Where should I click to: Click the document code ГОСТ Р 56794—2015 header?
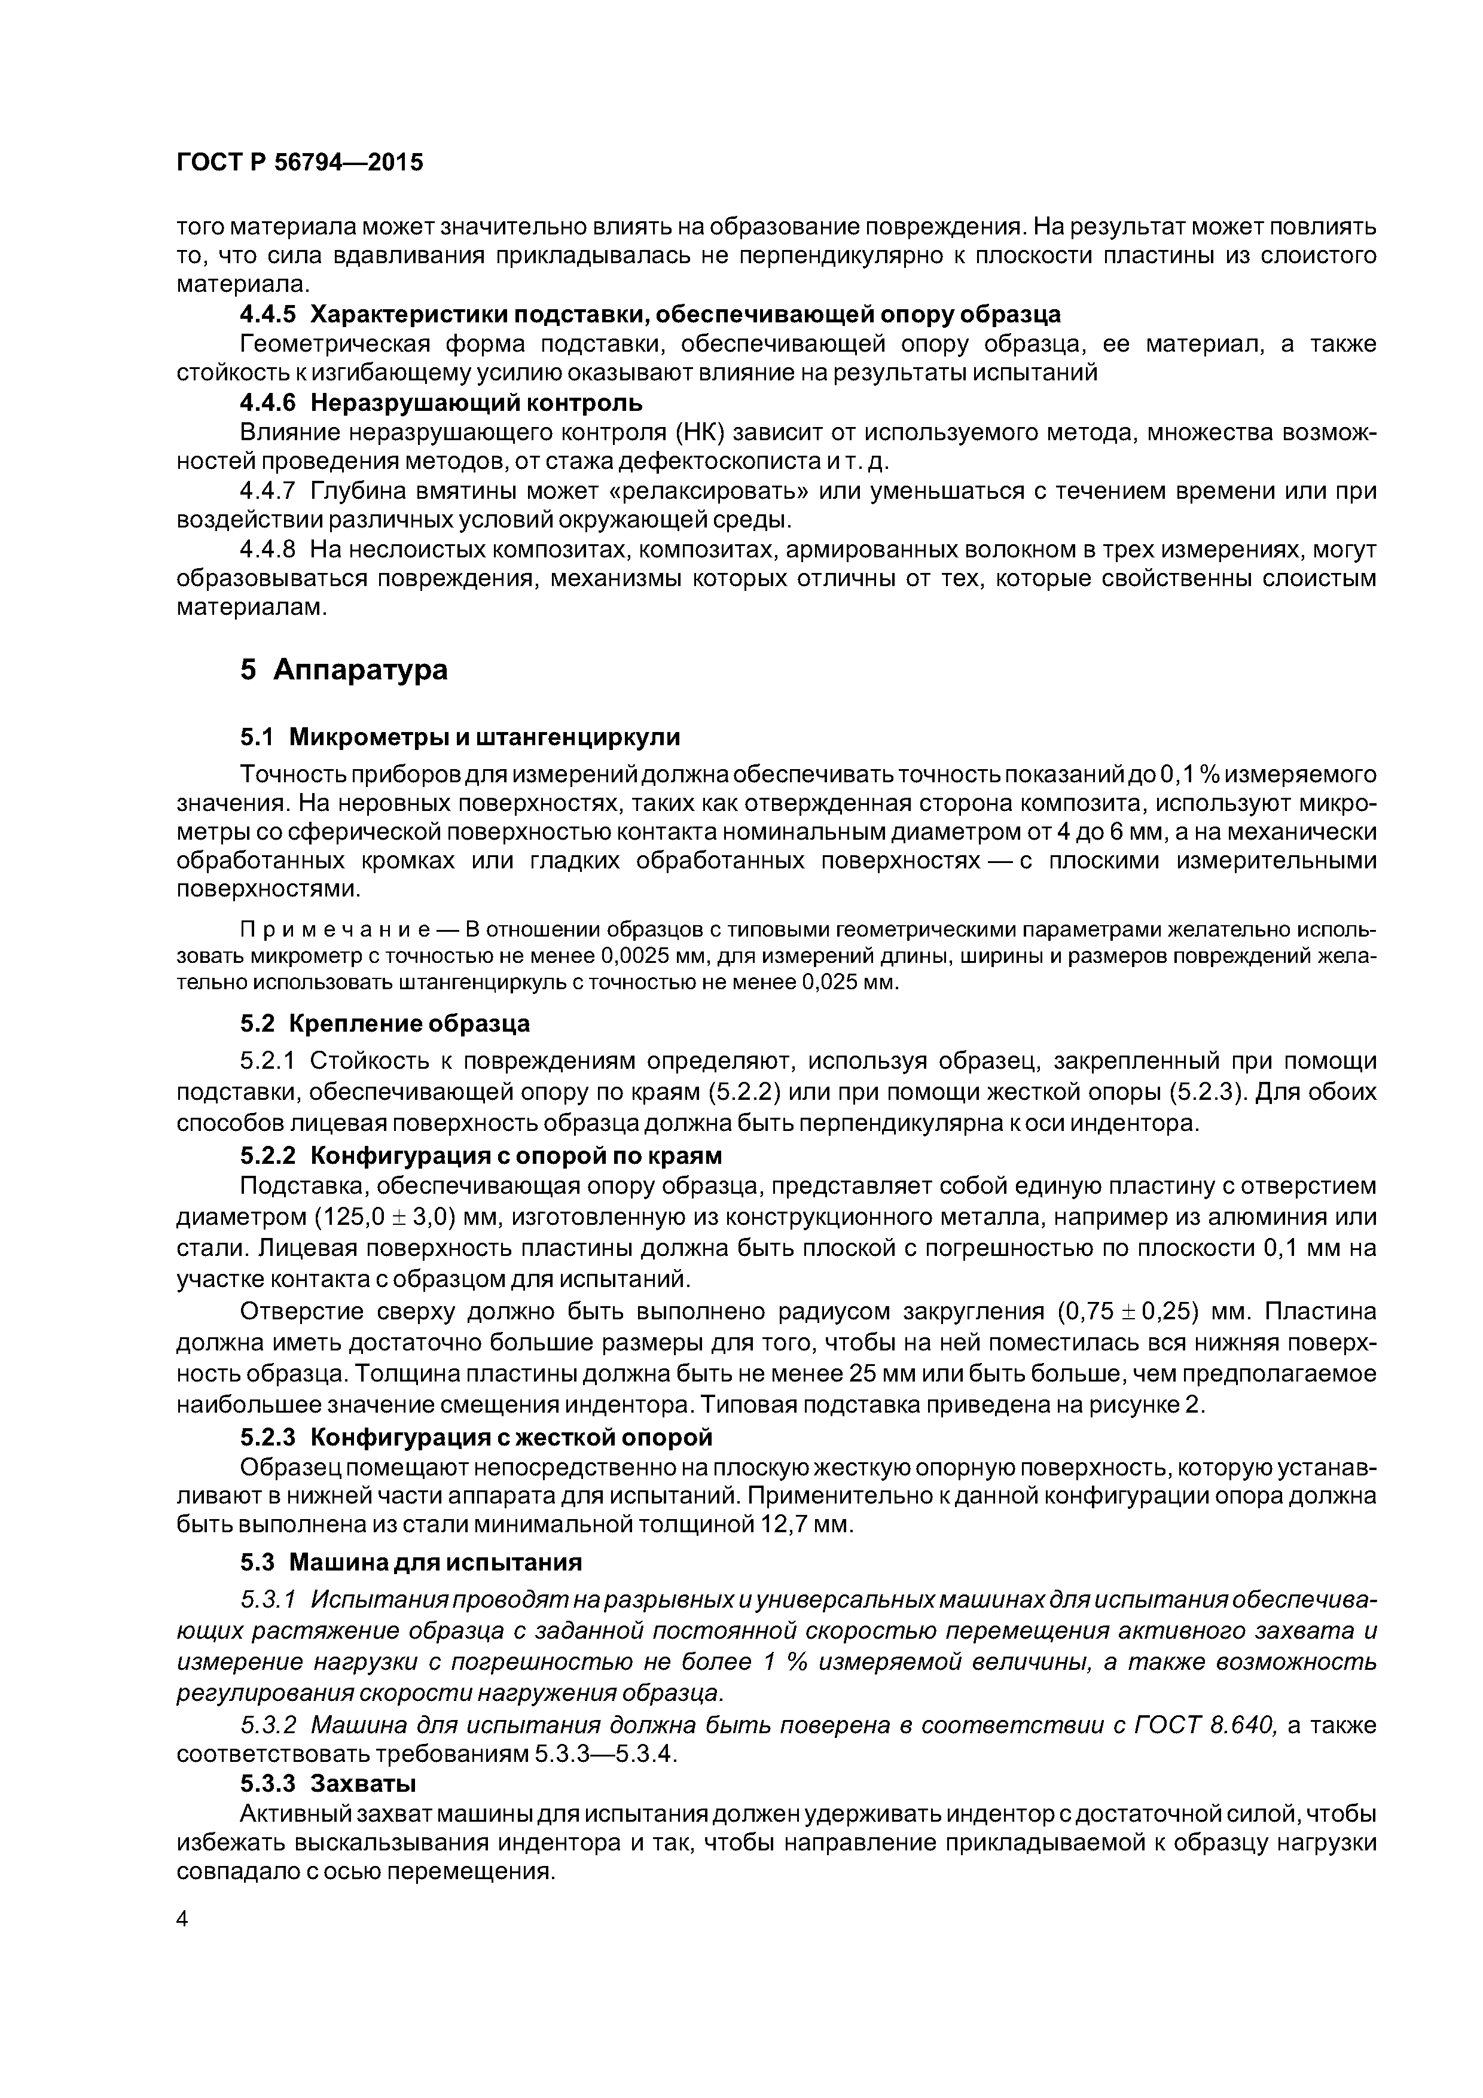300,163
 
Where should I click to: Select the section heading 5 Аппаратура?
344,670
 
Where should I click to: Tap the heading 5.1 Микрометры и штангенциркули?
460,736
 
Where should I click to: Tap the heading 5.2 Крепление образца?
385,1023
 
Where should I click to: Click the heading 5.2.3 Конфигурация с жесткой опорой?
475,1437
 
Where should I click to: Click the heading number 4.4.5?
268,315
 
